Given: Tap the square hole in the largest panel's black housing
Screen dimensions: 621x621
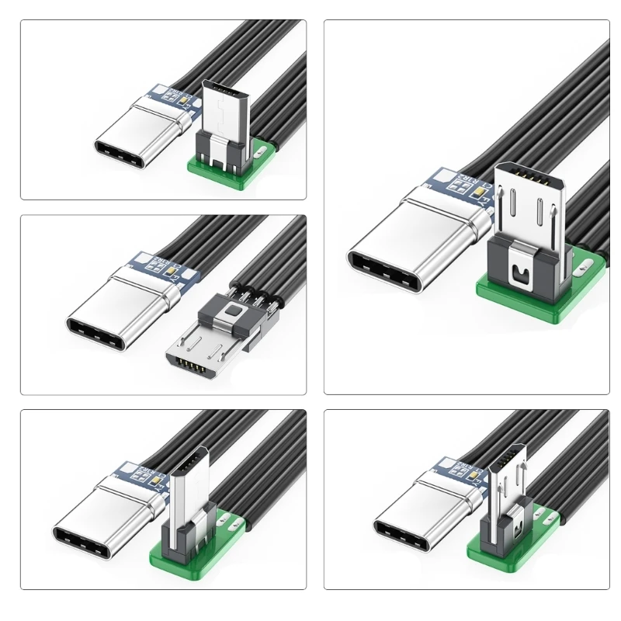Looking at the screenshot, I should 517,273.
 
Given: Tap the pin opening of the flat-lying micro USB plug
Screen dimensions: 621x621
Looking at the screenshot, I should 195,365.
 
